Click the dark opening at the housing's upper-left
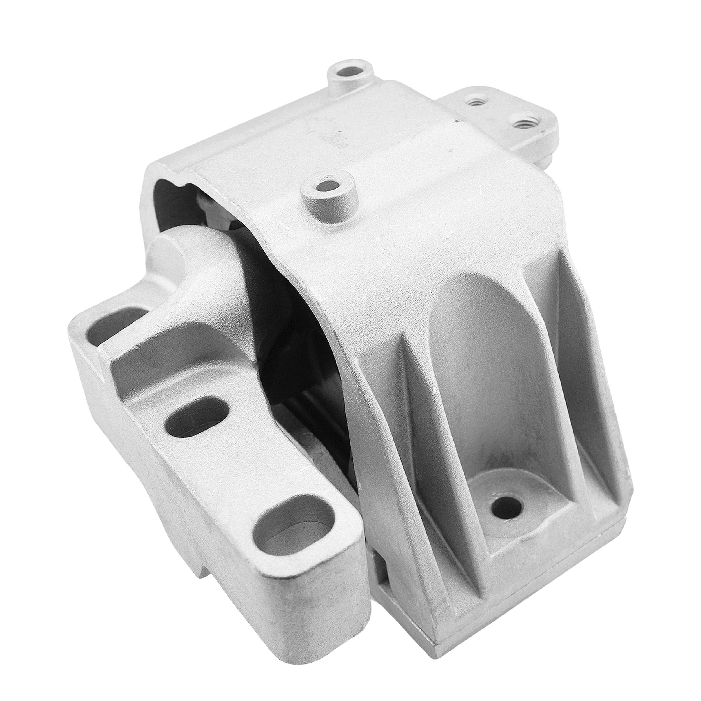170,203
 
